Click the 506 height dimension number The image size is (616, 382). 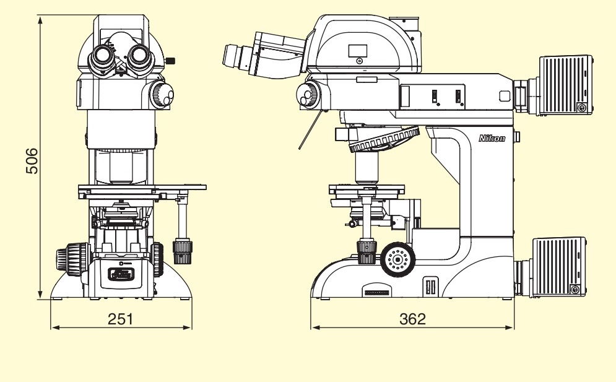32,161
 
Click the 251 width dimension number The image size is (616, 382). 120,319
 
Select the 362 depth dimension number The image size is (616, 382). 412,319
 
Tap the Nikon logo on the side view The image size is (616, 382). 492,138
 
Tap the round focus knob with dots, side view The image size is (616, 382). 398,259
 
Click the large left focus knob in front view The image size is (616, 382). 72,259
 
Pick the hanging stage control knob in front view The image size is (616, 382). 182,251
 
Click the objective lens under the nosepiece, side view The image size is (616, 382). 367,168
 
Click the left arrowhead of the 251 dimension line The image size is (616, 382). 55,327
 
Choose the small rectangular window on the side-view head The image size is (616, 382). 357,51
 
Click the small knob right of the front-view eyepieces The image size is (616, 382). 170,61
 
